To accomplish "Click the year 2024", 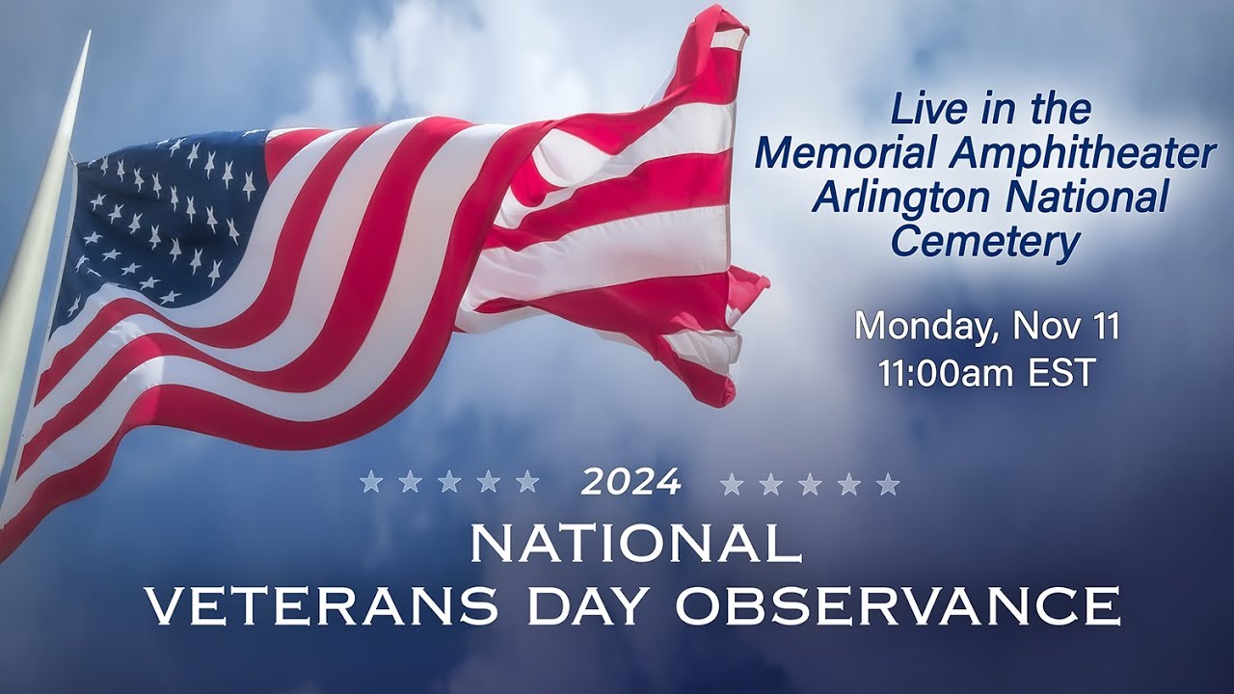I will coord(630,482).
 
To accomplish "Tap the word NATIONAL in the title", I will coord(635,545).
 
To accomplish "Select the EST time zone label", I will coord(1061,373).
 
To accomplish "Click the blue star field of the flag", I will coord(164,212).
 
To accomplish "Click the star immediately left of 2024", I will coord(527,482).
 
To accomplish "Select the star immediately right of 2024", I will coord(733,483).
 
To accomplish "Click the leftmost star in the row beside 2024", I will coord(371,482).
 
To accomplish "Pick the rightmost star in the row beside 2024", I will coord(888,483).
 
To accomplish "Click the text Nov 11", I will coord(1065,327).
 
